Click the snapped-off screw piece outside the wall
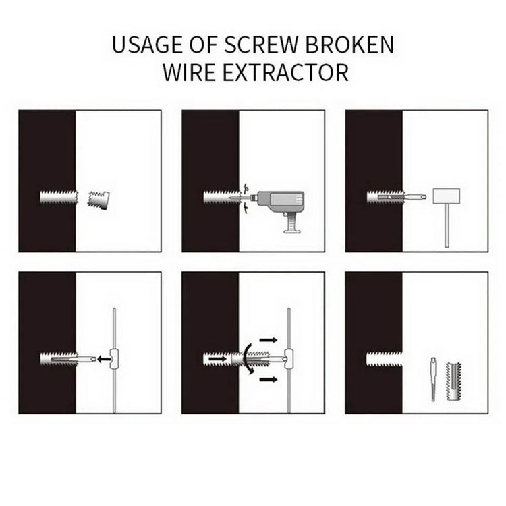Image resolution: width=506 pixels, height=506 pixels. tap(99, 198)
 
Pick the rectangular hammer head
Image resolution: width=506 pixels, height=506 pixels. tap(445, 197)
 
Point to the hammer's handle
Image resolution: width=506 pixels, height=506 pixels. tap(447, 227)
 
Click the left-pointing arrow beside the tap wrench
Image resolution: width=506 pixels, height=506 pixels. tap(103, 359)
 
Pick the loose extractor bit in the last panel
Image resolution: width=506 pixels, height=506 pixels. tap(432, 381)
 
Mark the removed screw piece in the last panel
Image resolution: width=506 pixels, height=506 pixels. tap(456, 381)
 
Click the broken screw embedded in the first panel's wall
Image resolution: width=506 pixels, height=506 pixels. tap(58, 198)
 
